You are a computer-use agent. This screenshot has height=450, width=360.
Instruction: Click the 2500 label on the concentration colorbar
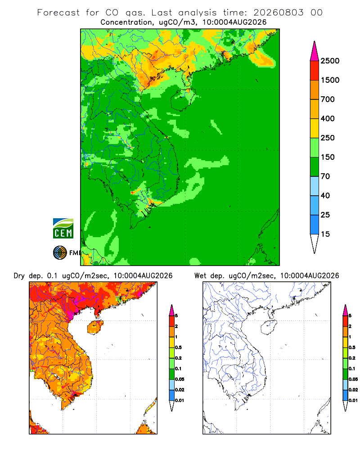tap(330, 61)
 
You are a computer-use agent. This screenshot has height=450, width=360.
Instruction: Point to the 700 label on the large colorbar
tap(328, 99)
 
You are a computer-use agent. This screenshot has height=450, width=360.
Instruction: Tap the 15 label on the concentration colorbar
tap(325, 234)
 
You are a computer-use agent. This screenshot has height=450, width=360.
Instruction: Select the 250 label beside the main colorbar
tap(328, 138)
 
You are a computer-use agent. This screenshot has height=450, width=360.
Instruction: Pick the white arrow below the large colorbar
tap(315, 243)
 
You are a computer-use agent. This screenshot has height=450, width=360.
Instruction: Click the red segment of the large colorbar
tap(315, 71)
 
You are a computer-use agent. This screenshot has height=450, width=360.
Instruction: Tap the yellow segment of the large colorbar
tap(315, 128)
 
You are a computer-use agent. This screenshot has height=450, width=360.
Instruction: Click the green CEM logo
tap(63, 229)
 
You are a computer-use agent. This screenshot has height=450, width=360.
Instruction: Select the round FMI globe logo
tap(60, 253)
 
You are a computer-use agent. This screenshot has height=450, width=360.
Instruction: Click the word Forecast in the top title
tap(58, 13)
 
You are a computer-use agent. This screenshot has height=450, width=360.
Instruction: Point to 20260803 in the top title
tap(278, 13)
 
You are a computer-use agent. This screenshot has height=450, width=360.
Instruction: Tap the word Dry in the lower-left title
tap(19, 276)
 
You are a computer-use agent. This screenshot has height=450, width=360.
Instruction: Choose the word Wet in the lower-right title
tap(200, 276)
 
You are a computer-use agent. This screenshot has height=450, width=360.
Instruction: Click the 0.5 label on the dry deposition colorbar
tap(178, 347)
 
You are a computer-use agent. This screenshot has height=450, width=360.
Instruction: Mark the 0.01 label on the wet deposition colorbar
tap(353, 400)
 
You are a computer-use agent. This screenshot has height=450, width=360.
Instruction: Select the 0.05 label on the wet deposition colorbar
tap(353, 379)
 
